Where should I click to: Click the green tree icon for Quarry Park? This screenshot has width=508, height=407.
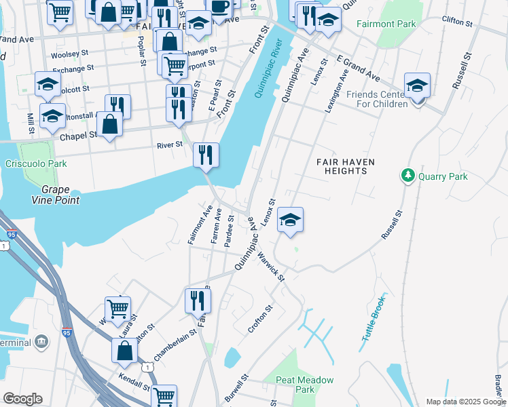pyautogui.click(x=408, y=176)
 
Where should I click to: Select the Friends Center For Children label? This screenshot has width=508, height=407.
pyautogui.click(x=377, y=99)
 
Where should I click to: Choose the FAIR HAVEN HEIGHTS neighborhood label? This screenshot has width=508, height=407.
pyautogui.click(x=351, y=166)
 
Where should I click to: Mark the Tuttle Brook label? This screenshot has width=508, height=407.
pyautogui.click(x=374, y=318)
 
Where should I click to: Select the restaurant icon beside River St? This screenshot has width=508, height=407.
pyautogui.click(x=206, y=155)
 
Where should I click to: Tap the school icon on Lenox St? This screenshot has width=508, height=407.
pyautogui.click(x=290, y=220)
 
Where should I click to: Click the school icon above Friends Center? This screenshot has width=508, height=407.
pyautogui.click(x=417, y=85)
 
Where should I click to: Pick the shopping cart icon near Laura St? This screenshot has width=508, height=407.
pyautogui.click(x=117, y=309)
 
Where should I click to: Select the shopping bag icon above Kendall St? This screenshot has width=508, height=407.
pyautogui.click(x=125, y=351)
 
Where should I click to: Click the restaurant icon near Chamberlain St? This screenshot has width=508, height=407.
pyautogui.click(x=198, y=301)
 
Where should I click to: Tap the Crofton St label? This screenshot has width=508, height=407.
pyautogui.click(x=260, y=318)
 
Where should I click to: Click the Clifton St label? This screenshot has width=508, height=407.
pyautogui.click(x=456, y=22)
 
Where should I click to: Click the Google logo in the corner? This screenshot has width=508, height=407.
pyautogui.click(x=22, y=398)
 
